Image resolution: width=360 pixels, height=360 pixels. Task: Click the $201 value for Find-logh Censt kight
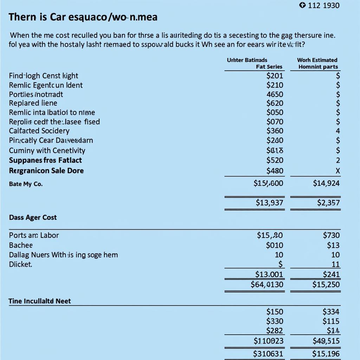click(275, 76)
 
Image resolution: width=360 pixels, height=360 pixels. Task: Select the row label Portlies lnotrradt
click(36, 94)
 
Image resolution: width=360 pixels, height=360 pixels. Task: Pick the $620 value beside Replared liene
click(275, 103)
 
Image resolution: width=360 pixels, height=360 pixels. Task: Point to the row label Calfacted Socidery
click(39, 131)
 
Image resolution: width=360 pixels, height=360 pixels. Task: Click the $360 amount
click(275, 131)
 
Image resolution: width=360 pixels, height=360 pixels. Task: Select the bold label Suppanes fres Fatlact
click(45, 160)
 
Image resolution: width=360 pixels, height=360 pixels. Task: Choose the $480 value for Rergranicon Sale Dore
click(275, 171)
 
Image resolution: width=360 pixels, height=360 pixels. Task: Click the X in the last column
click(338, 171)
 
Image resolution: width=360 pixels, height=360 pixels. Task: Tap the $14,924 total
click(326, 183)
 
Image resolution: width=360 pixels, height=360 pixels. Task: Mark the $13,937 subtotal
click(269, 202)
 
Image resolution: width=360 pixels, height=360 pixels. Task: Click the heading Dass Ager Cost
click(33, 218)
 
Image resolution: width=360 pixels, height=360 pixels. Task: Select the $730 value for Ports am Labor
click(331, 235)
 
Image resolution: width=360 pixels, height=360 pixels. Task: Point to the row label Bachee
click(21, 245)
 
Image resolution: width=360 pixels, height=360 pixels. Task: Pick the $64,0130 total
click(267, 284)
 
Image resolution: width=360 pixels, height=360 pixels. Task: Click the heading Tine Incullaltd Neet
click(40, 301)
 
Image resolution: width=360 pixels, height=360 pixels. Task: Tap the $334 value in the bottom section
click(331, 311)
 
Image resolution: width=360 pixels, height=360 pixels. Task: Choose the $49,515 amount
click(326, 341)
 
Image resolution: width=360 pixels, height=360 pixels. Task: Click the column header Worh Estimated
click(317, 60)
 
